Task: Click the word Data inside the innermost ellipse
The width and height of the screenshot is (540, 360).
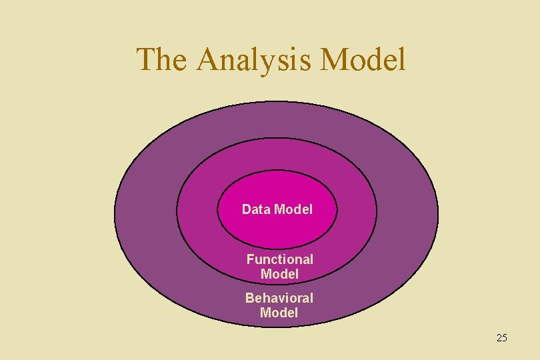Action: (256, 209)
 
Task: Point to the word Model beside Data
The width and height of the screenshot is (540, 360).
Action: (293, 209)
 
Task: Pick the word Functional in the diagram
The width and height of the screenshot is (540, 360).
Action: (279, 259)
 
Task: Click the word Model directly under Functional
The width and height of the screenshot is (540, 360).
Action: (279, 274)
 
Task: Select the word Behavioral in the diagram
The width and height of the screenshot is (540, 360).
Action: (279, 298)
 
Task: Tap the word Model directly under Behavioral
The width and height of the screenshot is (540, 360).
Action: (279, 313)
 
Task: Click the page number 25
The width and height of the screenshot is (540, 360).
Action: (502, 338)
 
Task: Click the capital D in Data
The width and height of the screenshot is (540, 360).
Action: (247, 209)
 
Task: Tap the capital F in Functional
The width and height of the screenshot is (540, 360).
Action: (251, 259)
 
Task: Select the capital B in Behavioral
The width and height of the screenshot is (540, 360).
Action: (249, 298)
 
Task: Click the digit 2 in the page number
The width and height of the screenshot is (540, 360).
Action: (499, 338)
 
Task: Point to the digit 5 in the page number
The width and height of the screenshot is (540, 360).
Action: (505, 338)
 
